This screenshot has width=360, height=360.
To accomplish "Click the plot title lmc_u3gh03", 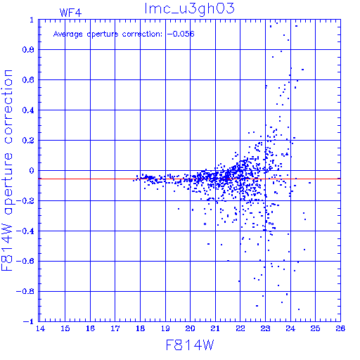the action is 189,9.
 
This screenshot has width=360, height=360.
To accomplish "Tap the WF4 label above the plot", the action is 70,13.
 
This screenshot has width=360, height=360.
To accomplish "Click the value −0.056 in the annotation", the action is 181,34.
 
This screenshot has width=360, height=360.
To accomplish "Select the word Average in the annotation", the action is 68,34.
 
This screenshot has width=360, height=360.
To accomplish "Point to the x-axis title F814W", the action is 190,345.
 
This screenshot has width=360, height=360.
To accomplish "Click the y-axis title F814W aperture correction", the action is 7,170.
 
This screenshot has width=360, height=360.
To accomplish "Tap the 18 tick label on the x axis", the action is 140,328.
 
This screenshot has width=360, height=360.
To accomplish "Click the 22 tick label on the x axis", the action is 240,328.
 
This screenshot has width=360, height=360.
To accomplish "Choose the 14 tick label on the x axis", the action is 40,328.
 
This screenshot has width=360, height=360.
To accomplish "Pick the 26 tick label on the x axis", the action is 340,328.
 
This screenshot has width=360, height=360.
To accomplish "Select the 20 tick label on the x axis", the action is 190,328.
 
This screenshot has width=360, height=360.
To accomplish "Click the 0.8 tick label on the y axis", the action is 28,50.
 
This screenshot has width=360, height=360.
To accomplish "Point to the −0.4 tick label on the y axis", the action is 25,231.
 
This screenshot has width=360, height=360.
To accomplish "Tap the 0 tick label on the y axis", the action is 32,171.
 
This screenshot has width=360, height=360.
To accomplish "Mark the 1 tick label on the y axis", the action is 32,20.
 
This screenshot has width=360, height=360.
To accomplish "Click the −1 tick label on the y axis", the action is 29,321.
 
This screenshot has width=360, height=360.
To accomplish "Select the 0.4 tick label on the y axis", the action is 28,110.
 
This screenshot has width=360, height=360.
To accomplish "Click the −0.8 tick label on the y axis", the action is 25,292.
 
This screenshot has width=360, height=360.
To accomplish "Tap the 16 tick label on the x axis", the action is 90,328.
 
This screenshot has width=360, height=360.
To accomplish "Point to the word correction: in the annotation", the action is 142,34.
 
